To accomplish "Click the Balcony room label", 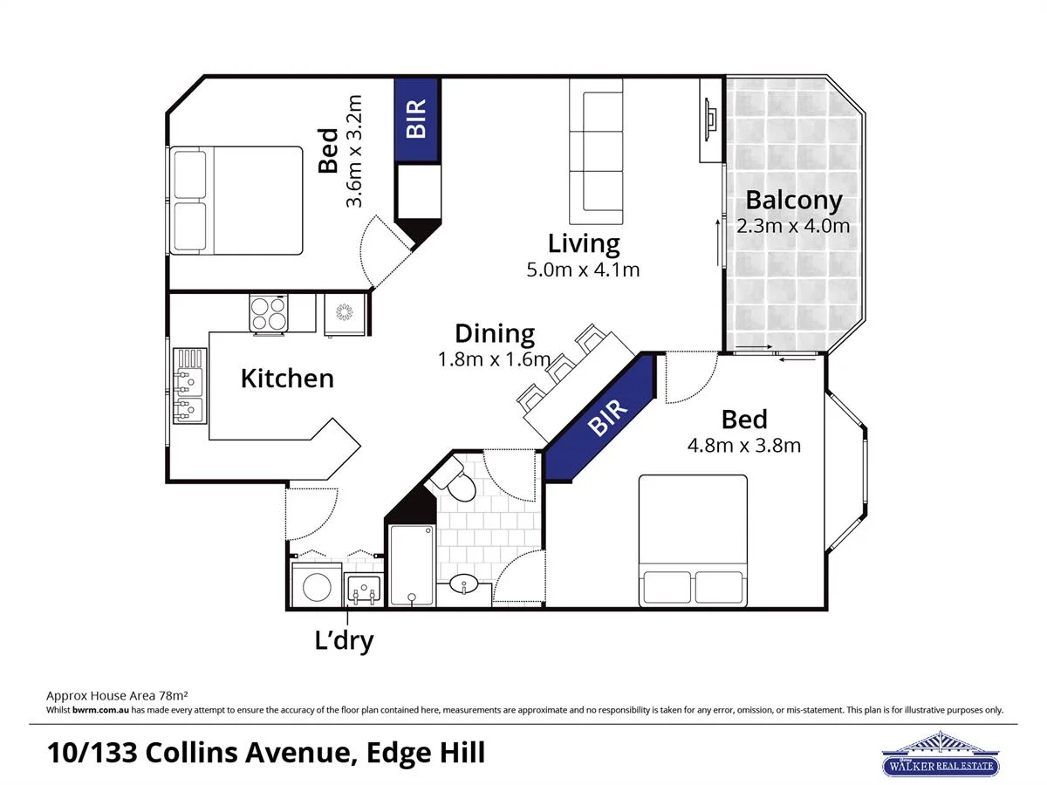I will (793, 200).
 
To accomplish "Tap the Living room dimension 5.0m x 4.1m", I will (583, 270).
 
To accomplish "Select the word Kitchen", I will (287, 379).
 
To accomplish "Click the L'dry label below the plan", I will (344, 641).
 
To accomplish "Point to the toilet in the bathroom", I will (455, 481).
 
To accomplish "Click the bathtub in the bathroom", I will (412, 564).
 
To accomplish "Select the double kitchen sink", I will (189, 385).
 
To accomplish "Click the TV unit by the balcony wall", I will (711, 120).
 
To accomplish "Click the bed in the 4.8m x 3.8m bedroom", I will (694, 540).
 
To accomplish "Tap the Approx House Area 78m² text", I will (117, 696).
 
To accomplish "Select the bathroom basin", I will (464, 585).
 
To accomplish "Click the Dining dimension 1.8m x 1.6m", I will (494, 359).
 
